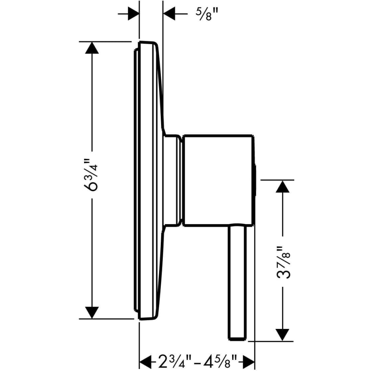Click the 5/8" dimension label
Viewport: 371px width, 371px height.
[x=207, y=15]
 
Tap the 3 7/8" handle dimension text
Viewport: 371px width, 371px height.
[x=283, y=262]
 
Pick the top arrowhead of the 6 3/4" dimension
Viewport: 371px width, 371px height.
[x=92, y=48]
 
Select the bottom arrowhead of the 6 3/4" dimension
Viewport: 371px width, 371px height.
[x=92, y=312]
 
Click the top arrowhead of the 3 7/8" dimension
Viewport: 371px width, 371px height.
[x=283, y=186]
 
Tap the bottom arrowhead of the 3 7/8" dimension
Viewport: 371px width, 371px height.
[x=283, y=335]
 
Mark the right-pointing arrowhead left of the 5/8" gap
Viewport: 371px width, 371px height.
[x=134, y=14]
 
